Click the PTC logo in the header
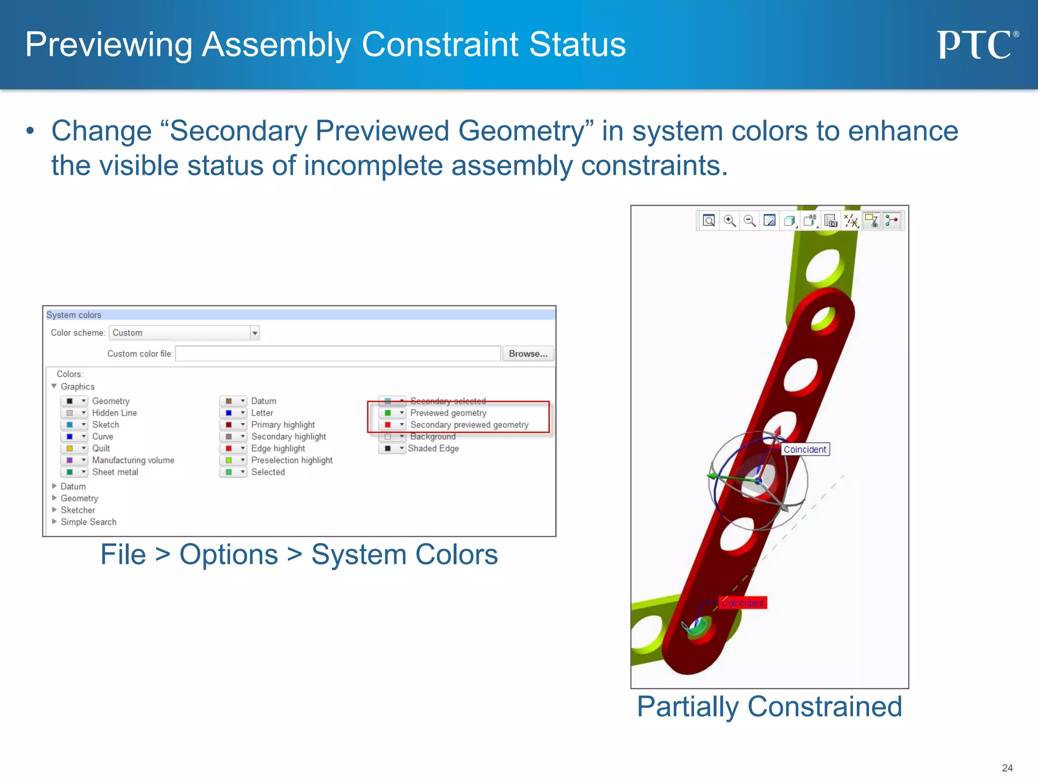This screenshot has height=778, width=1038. [977, 45]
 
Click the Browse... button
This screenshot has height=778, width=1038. [528, 354]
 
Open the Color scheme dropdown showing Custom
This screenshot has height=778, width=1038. [255, 333]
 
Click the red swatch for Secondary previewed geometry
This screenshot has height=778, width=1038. [388, 425]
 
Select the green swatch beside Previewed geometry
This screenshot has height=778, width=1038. [388, 413]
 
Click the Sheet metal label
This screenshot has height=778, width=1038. [115, 472]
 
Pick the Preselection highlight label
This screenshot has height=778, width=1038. [291, 460]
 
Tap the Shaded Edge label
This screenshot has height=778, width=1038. [433, 448]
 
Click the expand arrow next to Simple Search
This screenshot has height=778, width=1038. [54, 521]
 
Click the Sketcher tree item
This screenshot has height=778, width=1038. [78, 510]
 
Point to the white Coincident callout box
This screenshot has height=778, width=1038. [805, 449]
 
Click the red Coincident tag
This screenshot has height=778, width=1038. [743, 603]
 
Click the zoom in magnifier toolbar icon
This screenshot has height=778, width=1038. [729, 221]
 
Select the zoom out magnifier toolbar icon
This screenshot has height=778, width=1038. [750, 221]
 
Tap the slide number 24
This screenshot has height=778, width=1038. [1007, 768]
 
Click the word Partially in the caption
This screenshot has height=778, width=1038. [687, 707]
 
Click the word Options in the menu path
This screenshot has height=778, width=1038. [229, 555]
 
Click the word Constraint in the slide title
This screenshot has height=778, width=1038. [440, 45]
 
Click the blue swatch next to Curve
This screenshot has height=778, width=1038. [70, 437]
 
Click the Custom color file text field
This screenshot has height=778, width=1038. [338, 354]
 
